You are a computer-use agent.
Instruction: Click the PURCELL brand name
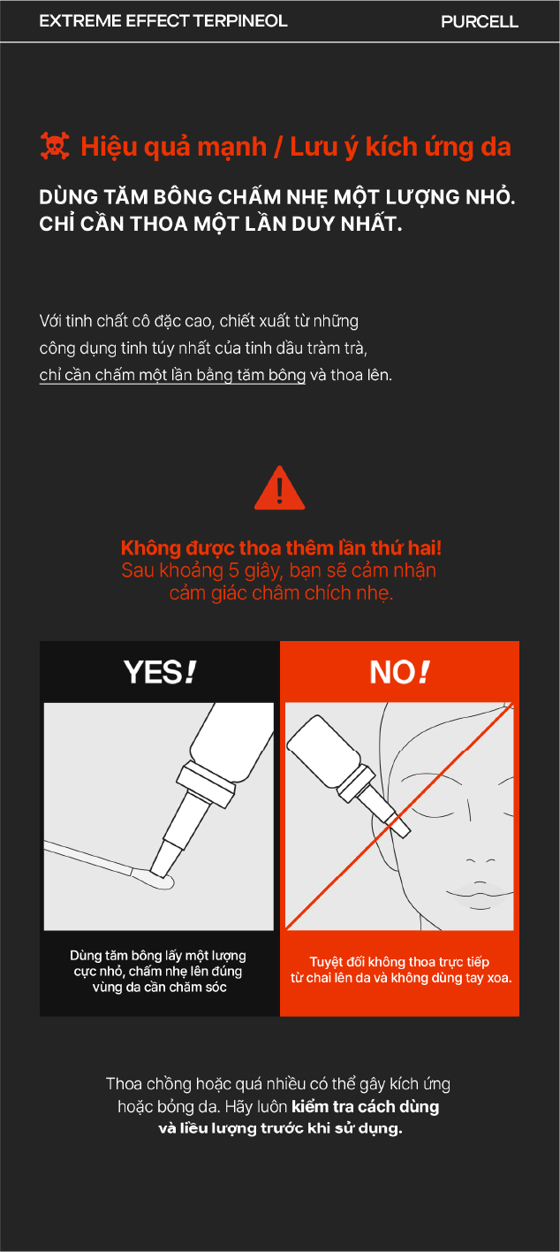click(480, 21)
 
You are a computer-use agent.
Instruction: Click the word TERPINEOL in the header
click(240, 20)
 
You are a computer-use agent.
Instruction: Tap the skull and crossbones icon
click(55, 146)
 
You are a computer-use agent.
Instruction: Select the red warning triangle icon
click(280, 488)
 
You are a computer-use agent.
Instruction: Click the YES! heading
click(160, 672)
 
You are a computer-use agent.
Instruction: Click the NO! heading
click(399, 672)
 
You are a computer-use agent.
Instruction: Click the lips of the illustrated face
click(480, 893)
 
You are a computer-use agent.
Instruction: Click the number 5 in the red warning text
click(234, 570)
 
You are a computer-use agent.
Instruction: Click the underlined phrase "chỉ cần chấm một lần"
click(116, 375)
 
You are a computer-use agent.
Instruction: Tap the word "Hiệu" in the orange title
click(110, 147)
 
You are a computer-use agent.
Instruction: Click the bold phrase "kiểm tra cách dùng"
click(365, 1106)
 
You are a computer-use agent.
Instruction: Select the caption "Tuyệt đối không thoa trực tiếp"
click(399, 962)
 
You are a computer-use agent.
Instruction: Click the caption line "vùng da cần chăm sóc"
click(160, 987)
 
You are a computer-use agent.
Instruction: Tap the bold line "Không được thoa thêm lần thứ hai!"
click(282, 548)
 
